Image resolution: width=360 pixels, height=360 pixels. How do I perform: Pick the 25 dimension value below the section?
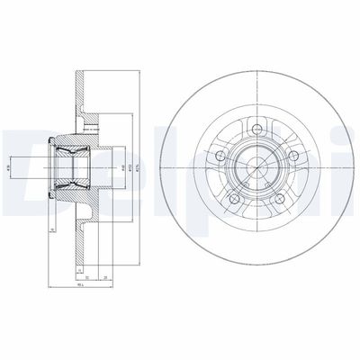tap(107, 277)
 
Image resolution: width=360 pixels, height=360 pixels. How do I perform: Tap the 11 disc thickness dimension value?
tap(80, 268)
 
